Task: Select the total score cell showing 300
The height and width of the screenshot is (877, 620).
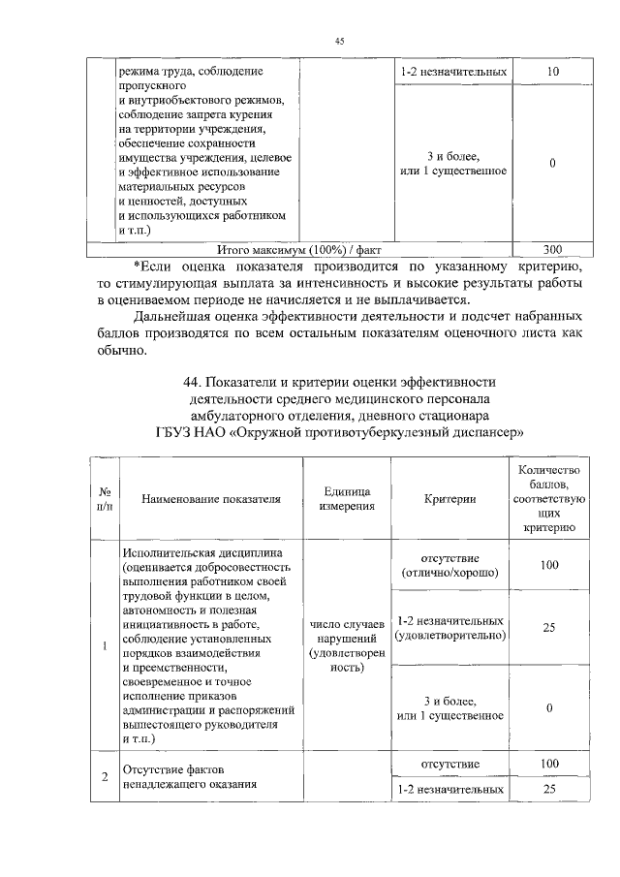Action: coord(550,248)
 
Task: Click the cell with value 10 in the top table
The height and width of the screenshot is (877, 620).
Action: coord(550,73)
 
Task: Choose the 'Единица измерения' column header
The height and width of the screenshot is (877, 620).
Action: coord(348,499)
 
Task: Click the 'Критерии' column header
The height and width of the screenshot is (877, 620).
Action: coord(450,499)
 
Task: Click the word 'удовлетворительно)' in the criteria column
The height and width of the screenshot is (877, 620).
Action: coord(450,636)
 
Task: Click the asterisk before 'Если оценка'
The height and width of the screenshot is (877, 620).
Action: coord(136,264)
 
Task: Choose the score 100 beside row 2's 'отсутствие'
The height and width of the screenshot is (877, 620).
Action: coord(550,765)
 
